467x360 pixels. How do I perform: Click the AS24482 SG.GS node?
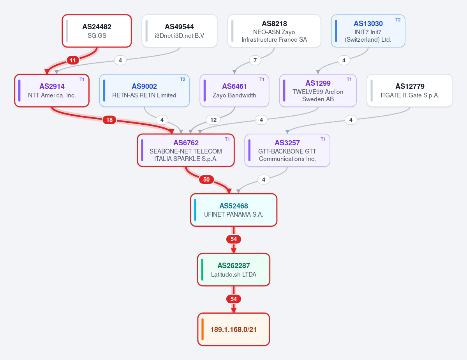point(97,31)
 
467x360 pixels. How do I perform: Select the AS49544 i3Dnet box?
point(179,31)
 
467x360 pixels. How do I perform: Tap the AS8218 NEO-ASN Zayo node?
point(274,31)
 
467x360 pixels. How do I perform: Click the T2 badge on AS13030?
point(398,20)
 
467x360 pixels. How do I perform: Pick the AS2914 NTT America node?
point(52,91)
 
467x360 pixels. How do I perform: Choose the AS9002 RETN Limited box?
point(144,91)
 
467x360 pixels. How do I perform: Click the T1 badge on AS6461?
point(262,79)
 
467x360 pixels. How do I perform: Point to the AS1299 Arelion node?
point(318,91)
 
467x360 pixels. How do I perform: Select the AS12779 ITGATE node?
point(410,91)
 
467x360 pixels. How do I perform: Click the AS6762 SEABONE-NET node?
point(186,150)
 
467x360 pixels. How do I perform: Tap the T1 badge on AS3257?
point(323,139)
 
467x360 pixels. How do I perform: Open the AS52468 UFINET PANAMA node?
point(234,210)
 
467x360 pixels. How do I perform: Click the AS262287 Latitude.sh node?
point(234,270)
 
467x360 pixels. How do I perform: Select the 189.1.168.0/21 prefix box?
point(234,329)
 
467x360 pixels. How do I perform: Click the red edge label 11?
point(73,60)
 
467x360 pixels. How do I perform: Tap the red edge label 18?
point(109,120)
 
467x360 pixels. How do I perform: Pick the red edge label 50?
point(206,180)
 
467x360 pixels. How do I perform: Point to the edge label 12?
point(213,120)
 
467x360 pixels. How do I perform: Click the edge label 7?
point(255,60)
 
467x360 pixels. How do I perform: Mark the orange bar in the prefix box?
point(203,329)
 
